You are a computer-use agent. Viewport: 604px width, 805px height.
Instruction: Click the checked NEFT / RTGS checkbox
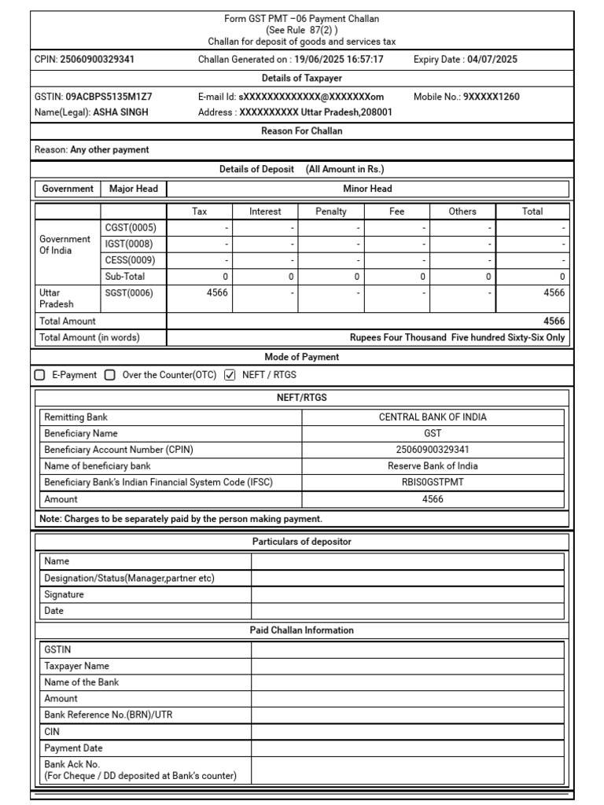pos(230,375)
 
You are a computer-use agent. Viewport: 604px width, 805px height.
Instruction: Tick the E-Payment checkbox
pos(40,375)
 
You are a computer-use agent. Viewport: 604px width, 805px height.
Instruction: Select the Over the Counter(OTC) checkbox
pos(110,375)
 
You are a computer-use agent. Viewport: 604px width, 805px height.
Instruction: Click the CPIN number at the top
pos(97,59)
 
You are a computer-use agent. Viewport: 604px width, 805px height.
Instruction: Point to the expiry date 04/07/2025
pos(492,59)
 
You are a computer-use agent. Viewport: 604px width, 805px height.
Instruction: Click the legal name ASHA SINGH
pos(120,112)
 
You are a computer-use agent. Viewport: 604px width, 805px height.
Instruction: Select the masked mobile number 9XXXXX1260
pos(491,97)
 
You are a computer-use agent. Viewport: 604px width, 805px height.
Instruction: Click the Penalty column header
pos(330,211)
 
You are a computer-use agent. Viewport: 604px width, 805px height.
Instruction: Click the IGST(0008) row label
pos(129,244)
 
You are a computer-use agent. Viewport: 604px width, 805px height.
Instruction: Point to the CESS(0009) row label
pos(130,260)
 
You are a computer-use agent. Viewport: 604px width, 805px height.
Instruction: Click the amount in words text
pos(457,337)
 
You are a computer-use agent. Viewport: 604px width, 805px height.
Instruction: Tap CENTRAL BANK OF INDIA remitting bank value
pos(433,417)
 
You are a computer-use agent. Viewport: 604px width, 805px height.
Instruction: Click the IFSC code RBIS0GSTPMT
pos(433,482)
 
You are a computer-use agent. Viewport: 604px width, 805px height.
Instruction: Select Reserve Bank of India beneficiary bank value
pos(433,466)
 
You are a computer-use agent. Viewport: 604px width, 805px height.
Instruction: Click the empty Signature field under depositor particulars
pos(407,594)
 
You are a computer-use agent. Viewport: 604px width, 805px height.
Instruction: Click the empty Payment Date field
pos(407,748)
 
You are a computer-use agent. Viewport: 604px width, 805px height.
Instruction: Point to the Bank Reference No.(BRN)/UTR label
pos(105,715)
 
